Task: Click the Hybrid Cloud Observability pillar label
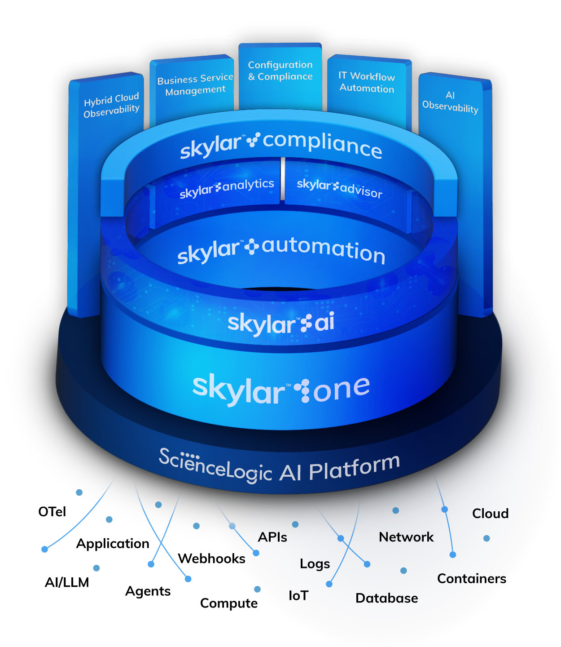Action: [111, 105]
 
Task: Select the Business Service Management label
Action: [195, 85]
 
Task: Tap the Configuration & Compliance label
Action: [280, 71]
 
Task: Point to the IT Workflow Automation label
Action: [367, 82]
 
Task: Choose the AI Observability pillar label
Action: [450, 102]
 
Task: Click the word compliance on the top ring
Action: [323, 144]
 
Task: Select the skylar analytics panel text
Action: [227, 188]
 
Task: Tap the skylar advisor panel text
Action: [340, 187]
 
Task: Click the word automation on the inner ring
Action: [324, 250]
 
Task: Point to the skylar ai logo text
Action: [281, 323]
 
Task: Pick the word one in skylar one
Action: [342, 388]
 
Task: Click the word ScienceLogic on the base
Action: [215, 465]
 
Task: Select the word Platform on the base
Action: [355, 467]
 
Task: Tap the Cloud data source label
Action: [491, 514]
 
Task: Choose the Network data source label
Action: [406, 537]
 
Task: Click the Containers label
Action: [472, 579]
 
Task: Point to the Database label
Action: [386, 598]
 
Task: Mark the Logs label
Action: [315, 564]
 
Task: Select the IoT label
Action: [298, 596]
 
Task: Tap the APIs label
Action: [272, 537]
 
